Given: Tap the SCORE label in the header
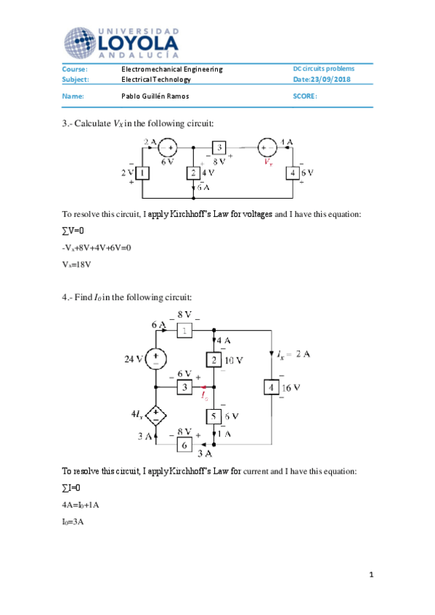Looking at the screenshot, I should [304, 96].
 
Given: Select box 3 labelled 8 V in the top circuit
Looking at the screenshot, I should [220, 147].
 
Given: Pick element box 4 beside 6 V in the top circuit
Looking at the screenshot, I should [291, 173].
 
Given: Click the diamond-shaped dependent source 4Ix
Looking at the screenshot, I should [156, 416].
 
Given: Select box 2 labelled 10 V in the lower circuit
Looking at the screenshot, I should [214, 359].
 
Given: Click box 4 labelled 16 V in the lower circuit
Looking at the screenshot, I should [270, 388].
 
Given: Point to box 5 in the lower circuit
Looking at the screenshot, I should [214, 416].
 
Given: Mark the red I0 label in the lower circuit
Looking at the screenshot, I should [205, 396].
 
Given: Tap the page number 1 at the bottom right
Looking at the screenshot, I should [370, 575].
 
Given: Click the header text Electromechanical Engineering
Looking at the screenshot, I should [171, 69].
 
